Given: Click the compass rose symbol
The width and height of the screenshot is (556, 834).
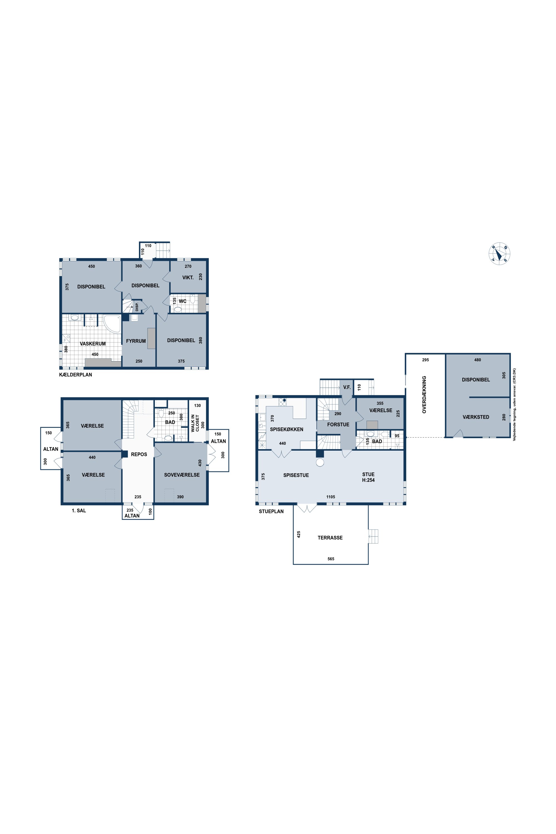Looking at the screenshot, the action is [x=499, y=254].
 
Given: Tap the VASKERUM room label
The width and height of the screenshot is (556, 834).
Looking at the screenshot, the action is [x=93, y=344].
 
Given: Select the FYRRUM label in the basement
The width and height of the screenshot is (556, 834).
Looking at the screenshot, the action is [x=136, y=341].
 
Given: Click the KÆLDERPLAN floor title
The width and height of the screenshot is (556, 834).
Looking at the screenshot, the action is [x=76, y=374].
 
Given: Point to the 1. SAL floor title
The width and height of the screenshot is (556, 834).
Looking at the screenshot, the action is [x=79, y=511].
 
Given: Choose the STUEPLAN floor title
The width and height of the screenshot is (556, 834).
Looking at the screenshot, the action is [x=271, y=511].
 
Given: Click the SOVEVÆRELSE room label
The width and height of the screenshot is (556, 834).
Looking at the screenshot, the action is [x=182, y=475].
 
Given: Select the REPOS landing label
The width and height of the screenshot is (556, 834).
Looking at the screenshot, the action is [x=139, y=454].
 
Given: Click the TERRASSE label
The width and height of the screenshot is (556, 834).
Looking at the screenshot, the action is [x=330, y=538].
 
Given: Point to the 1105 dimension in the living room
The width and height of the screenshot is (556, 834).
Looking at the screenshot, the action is [x=331, y=497].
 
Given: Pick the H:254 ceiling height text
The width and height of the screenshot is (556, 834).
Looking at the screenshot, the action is [x=368, y=480].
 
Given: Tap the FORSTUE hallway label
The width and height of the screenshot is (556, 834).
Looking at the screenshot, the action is [x=338, y=425].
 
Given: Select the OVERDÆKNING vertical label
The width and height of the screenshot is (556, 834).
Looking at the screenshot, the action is [x=424, y=395].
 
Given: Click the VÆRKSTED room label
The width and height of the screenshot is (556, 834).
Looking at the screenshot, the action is [x=476, y=417].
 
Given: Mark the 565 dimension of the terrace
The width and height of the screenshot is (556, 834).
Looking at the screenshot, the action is [x=331, y=559].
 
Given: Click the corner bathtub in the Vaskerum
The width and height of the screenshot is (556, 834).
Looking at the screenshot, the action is [x=112, y=323].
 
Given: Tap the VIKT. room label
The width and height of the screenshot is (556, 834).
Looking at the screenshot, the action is [x=188, y=278].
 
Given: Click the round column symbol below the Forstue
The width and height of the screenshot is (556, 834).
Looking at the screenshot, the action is [x=320, y=462].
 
